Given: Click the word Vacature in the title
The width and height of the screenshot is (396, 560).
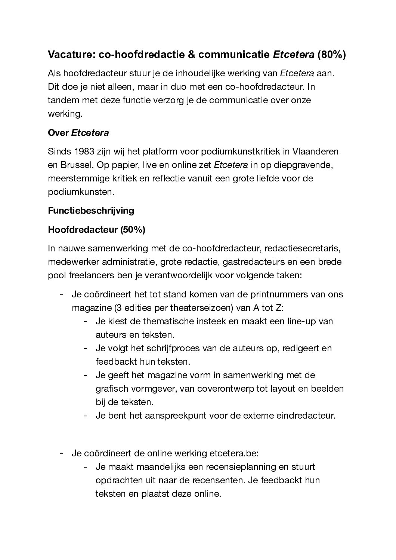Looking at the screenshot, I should coord(70,55).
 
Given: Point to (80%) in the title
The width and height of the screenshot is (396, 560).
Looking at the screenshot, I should coord(331,55).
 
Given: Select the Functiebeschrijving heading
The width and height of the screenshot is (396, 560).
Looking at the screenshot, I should coord(91,210).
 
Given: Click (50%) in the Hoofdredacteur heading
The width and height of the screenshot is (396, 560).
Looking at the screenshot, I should coord(133,230).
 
